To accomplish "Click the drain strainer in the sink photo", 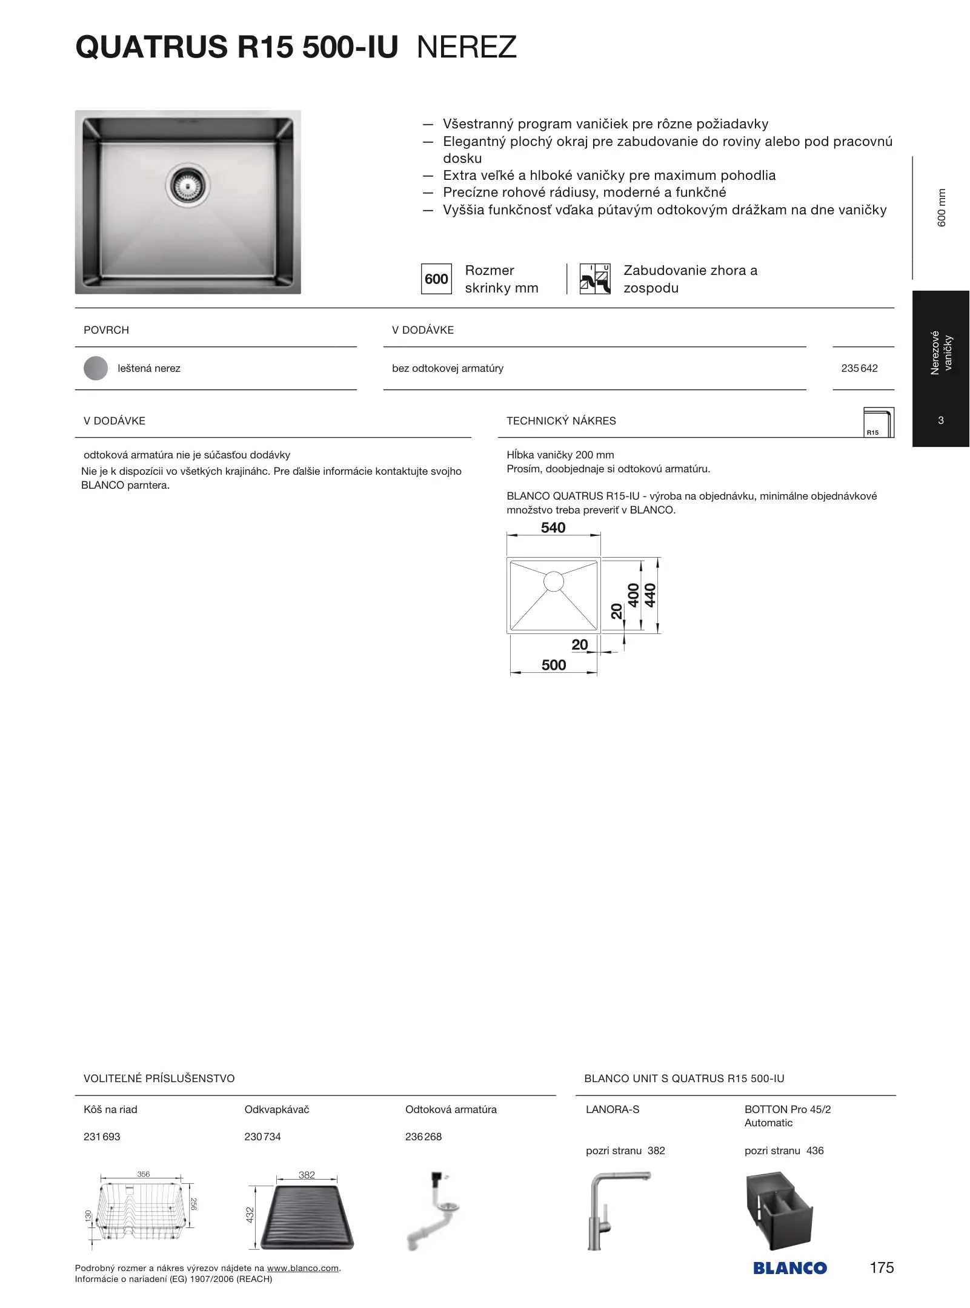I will coord(187,183).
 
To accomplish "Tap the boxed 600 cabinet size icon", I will coord(436,279).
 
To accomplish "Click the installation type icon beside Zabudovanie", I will coord(595,279).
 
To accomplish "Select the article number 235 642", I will coord(859,368).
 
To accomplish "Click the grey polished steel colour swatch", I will coord(96,368).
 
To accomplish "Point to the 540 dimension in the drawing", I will coord(553,528).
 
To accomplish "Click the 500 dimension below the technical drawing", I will coord(554,665).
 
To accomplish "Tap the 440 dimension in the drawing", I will coord(650,595).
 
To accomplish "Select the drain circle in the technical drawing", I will coord(554,581).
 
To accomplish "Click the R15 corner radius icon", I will coord(879,422).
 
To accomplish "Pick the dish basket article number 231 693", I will coord(102,1137).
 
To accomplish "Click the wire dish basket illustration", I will coord(141,1211).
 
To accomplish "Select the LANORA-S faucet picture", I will coord(616,1211).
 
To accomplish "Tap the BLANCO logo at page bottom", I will coord(790,1268).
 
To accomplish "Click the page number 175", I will coord(882,1267).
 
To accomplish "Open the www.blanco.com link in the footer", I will coord(302,1268).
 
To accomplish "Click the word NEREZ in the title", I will coord(467,47).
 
